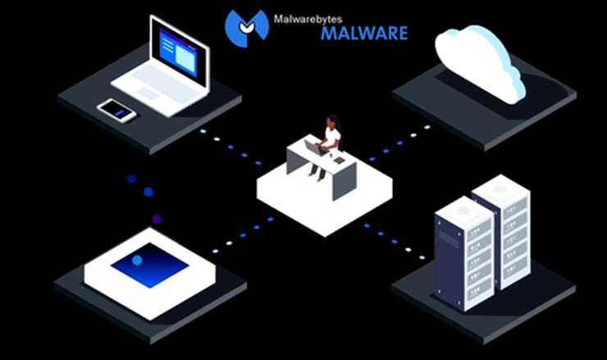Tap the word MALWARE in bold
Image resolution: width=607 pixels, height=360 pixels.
tap(363, 34)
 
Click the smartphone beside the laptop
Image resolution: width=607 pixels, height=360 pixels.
tap(116, 110)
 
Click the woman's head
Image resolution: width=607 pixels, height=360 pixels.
tap(331, 123)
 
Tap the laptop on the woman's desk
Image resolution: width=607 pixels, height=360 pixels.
tap(315, 147)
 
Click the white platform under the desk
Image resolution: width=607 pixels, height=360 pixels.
tap(324, 205)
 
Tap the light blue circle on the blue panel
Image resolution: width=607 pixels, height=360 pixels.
tap(137, 260)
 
